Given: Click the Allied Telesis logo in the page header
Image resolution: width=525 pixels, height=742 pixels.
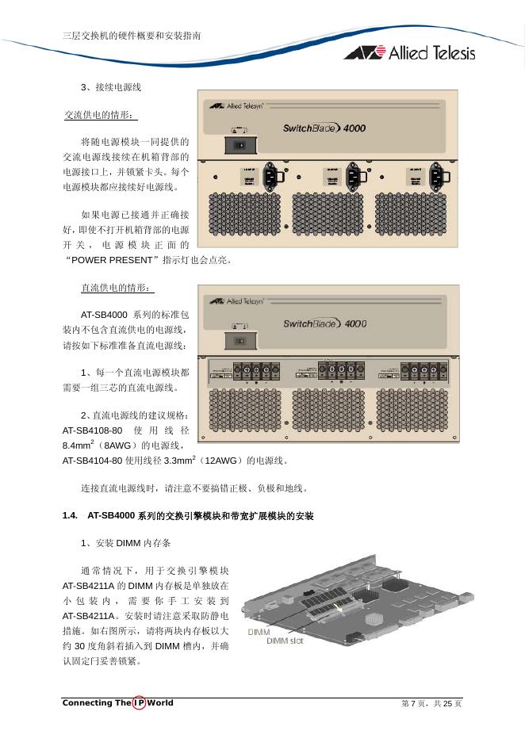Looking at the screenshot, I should [409, 52].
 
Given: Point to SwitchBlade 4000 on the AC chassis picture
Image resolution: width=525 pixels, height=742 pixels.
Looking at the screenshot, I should [324, 127].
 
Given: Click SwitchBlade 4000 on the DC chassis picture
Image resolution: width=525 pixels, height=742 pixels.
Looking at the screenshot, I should [324, 323].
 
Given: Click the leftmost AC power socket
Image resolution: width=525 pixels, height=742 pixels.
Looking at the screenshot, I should [271, 176].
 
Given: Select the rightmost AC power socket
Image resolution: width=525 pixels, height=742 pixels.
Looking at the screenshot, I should [436, 176].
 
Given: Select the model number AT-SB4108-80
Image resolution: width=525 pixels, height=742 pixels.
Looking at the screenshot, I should [92, 430].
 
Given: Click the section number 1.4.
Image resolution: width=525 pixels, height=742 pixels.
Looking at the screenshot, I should [70, 516].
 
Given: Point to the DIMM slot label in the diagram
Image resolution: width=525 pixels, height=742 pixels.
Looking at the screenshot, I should [285, 641].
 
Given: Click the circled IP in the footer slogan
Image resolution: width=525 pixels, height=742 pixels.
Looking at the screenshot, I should [139, 703].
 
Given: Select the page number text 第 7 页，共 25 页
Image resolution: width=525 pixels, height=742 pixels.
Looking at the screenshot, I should [431, 703].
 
